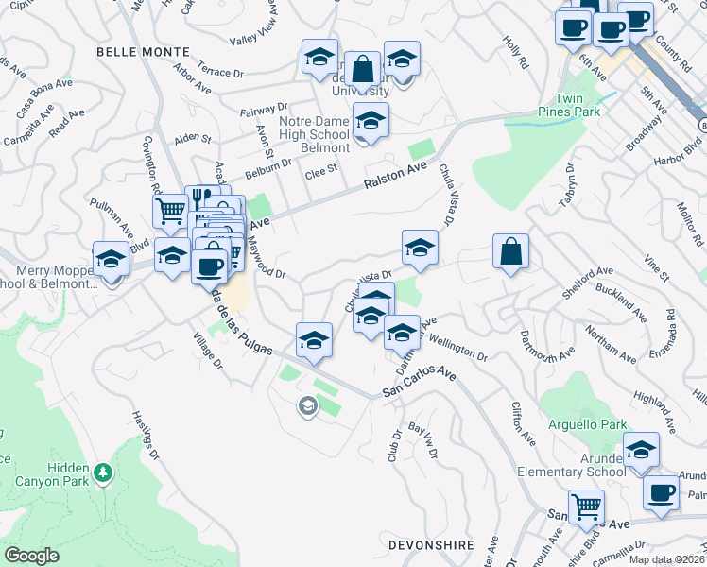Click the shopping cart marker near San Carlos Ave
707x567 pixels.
pyautogui.click(x=586, y=508)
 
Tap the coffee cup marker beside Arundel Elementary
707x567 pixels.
pyautogui.click(x=661, y=492)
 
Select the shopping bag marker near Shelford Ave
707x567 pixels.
pyautogui.click(x=510, y=251)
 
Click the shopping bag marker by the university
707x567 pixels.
pyautogui.click(x=362, y=69)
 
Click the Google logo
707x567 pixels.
pyautogui.click(x=31, y=556)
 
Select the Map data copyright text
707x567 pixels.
pyautogui.click(x=666, y=558)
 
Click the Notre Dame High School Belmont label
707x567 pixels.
pyautogui.click(x=315, y=133)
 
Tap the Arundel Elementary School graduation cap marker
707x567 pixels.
pyautogui.click(x=641, y=450)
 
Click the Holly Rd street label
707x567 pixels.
pyautogui.click(x=515, y=50)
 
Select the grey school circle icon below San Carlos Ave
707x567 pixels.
pyautogui.click(x=307, y=407)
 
